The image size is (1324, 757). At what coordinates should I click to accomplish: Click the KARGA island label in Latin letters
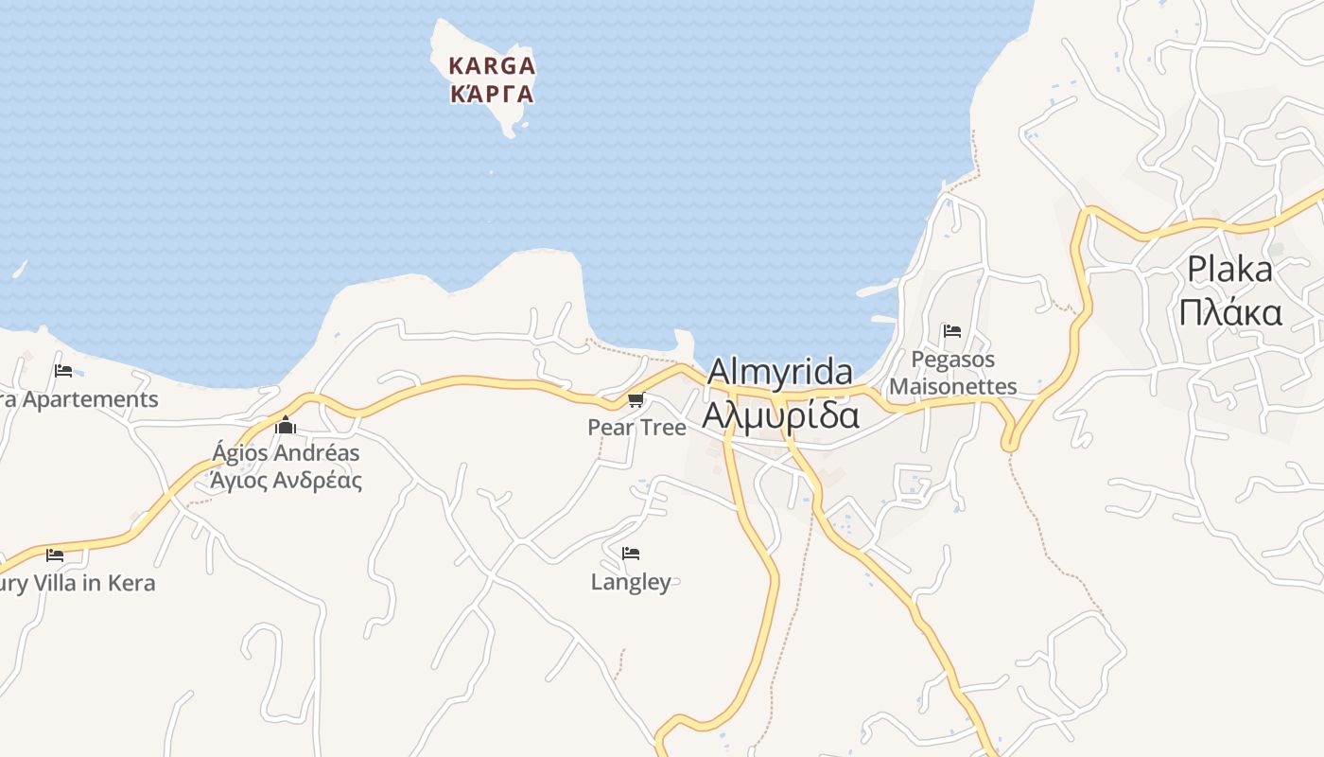click(492, 66)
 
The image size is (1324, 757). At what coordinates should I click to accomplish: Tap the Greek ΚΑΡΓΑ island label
click(492, 95)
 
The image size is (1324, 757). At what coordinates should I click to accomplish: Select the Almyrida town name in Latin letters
click(779, 371)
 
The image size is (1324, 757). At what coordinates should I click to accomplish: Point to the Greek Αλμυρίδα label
click(780, 414)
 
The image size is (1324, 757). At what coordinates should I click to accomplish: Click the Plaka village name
click(1229, 270)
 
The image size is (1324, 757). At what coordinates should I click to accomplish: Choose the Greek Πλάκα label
click(1229, 311)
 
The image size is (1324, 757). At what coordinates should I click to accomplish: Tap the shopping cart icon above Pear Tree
click(636, 400)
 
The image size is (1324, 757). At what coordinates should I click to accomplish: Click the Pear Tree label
click(636, 428)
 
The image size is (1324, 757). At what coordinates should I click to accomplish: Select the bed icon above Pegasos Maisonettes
click(952, 331)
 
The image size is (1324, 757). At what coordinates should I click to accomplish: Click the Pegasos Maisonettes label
click(953, 373)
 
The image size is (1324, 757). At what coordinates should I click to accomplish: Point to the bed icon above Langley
click(631, 554)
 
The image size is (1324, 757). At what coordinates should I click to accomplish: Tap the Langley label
click(631, 582)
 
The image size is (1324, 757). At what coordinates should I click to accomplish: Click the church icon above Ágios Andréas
click(286, 426)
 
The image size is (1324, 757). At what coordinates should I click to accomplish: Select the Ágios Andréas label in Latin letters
click(286, 452)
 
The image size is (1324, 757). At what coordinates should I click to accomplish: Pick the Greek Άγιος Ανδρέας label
click(286, 480)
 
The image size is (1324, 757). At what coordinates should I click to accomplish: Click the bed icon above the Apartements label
click(63, 370)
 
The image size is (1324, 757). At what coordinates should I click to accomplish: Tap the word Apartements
click(90, 399)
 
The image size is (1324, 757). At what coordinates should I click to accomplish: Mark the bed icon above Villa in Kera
click(55, 555)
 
